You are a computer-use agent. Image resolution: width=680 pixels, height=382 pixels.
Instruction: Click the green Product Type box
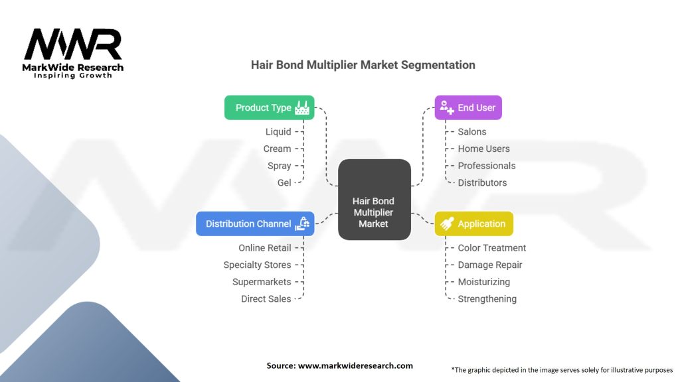[x=269, y=107]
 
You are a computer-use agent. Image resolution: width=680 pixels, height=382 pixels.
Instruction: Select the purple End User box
[x=468, y=107]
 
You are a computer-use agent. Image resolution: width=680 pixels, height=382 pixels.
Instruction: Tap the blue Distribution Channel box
[x=255, y=223]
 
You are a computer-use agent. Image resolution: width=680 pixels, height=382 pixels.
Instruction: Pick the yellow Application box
[x=473, y=223]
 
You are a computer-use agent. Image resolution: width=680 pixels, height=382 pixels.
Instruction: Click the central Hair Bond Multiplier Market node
[x=374, y=212]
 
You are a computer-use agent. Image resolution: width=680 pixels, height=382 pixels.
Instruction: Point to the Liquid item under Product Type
[x=278, y=132]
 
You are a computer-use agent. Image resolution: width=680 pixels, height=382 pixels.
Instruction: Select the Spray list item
[x=279, y=166]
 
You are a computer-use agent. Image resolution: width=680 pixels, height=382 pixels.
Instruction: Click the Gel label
[x=284, y=182]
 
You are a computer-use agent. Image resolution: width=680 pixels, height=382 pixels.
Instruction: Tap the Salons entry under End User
[x=472, y=132]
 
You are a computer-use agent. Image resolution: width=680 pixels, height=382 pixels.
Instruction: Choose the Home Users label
[x=483, y=149]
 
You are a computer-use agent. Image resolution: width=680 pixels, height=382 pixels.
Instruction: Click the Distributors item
[x=482, y=182]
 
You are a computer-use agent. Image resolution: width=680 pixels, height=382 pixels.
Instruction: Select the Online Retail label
[x=264, y=248]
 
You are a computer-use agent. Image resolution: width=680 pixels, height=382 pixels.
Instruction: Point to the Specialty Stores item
[x=257, y=265]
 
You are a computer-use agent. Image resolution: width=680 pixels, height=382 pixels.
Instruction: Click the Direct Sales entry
[x=266, y=299]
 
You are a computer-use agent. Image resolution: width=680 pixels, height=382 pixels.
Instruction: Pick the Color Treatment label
[x=491, y=248]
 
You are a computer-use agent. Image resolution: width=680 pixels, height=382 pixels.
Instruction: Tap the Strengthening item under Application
[x=487, y=299]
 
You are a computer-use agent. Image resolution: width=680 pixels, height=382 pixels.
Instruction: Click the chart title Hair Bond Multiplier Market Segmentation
[x=363, y=65]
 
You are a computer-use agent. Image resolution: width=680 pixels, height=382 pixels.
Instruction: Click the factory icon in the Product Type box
[x=303, y=107]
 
